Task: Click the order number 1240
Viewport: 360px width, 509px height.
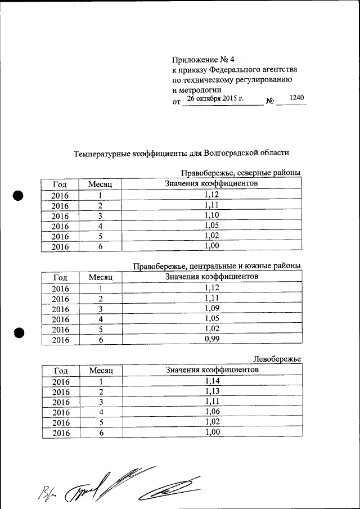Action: [x=296, y=98]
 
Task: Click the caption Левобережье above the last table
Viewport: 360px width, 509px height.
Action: [x=277, y=359]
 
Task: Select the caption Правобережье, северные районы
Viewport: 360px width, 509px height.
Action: [x=241, y=173]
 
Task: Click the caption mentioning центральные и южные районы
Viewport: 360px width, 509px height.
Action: [x=217, y=265]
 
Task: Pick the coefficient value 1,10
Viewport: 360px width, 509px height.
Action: [x=211, y=215]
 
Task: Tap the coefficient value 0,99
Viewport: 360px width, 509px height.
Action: [x=211, y=339]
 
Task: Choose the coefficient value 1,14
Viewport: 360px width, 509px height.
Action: [x=211, y=381]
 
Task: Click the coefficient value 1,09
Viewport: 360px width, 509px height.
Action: [x=211, y=308]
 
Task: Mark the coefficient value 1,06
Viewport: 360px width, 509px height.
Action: [x=211, y=412]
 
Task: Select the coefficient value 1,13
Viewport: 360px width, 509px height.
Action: [x=211, y=391]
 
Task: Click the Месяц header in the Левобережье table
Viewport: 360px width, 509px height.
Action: [x=101, y=371]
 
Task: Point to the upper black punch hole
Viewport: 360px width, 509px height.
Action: [x=18, y=195]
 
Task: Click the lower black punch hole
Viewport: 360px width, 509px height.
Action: [x=20, y=332]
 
